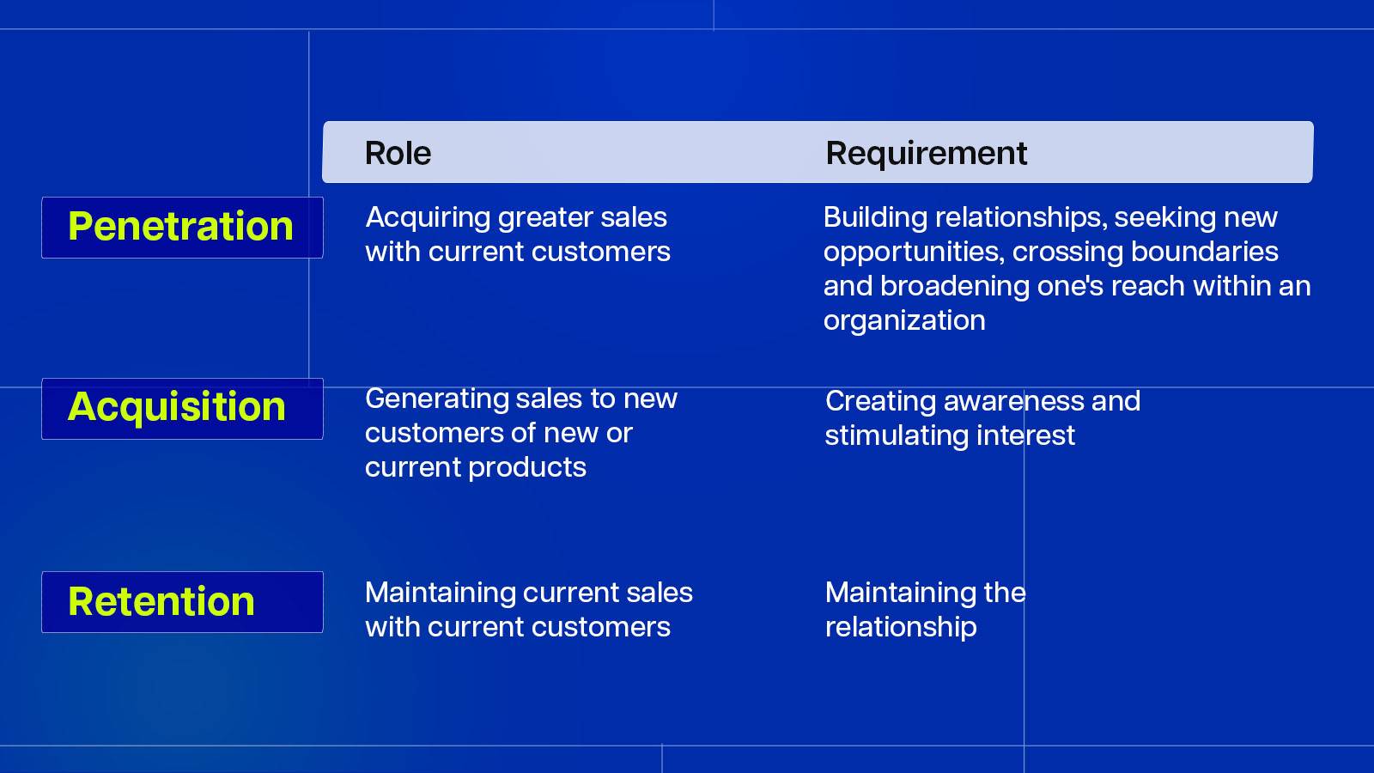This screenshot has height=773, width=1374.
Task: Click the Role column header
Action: coord(398,153)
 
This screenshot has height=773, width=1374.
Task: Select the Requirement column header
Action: coord(927,154)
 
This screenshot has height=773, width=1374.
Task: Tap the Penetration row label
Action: coord(180,227)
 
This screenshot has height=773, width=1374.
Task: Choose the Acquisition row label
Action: coord(177,407)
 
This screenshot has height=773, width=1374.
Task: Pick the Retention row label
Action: coord(161,601)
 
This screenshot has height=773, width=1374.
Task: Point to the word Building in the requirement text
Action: coord(875,218)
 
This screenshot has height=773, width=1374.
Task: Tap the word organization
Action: coord(904,321)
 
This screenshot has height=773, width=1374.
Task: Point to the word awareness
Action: coord(1013,402)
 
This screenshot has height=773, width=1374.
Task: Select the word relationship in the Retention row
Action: coord(901,628)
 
